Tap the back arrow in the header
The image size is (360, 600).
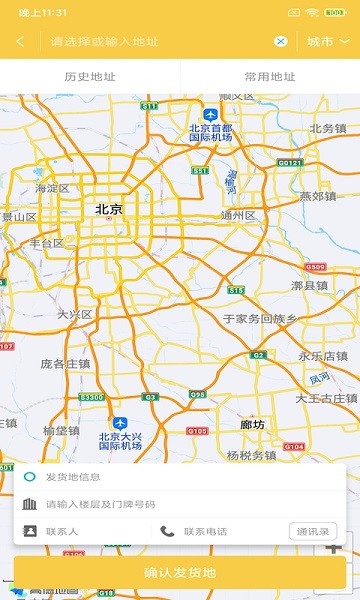tap(20, 42)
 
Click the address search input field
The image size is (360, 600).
tap(160, 42)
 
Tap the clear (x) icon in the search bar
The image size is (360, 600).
tap(281, 42)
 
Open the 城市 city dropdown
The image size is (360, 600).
tap(328, 42)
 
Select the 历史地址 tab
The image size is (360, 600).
tap(90, 76)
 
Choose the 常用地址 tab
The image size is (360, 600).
tap(270, 76)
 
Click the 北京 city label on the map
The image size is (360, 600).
tap(109, 210)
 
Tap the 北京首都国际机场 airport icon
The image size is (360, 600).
tap(210, 115)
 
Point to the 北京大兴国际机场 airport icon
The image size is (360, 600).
tap(120, 423)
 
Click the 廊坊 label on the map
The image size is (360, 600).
tap(253, 424)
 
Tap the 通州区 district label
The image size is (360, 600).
tap(239, 215)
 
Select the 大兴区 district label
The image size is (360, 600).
tap(74, 314)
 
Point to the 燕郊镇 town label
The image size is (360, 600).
tap(318, 196)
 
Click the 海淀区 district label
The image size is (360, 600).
tap(52, 188)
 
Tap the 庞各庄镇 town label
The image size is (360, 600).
tap(65, 364)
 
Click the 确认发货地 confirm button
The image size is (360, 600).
tap(180, 573)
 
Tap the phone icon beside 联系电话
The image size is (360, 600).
tap(167, 531)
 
